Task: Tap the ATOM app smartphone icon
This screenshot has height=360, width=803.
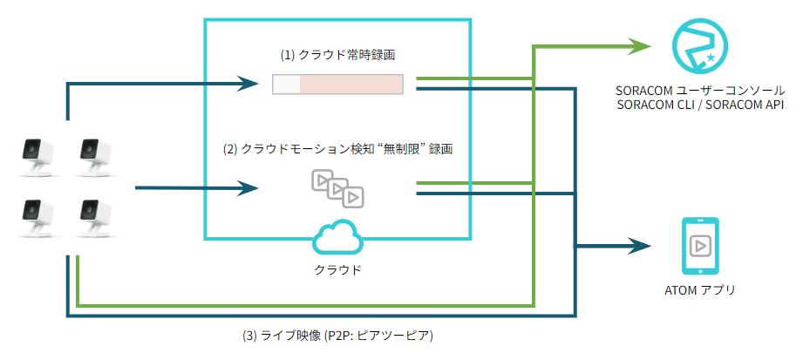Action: click(698, 246)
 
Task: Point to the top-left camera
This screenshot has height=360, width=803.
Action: click(36, 155)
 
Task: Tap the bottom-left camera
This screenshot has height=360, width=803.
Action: click(36, 218)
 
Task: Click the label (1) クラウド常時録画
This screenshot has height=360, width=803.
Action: click(337, 54)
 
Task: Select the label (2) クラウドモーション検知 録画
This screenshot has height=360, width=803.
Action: click(337, 149)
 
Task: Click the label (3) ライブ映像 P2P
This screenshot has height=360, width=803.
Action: click(337, 336)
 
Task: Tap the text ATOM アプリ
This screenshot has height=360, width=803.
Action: click(698, 290)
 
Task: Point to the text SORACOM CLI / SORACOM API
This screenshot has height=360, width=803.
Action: click(701, 105)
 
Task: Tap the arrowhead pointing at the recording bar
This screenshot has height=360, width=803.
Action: click(253, 85)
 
